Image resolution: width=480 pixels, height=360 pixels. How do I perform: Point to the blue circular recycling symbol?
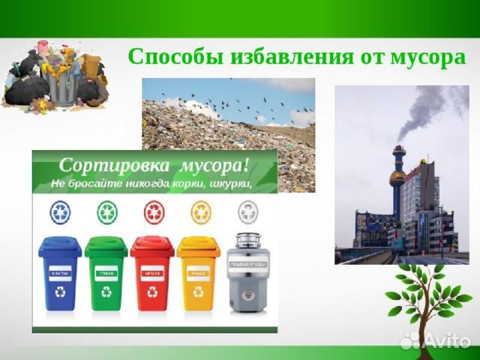(x=60, y=212)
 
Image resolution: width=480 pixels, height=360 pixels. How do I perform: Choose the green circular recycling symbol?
(x=107, y=212)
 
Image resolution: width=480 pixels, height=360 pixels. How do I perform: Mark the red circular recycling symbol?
(x=154, y=212)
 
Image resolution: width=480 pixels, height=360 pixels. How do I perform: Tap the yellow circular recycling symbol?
(x=200, y=212)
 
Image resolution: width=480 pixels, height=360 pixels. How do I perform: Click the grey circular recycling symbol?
(x=247, y=212)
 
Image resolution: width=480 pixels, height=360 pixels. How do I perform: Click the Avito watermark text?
(x=447, y=340)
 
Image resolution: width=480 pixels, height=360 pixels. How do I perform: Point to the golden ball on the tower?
(x=397, y=178)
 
